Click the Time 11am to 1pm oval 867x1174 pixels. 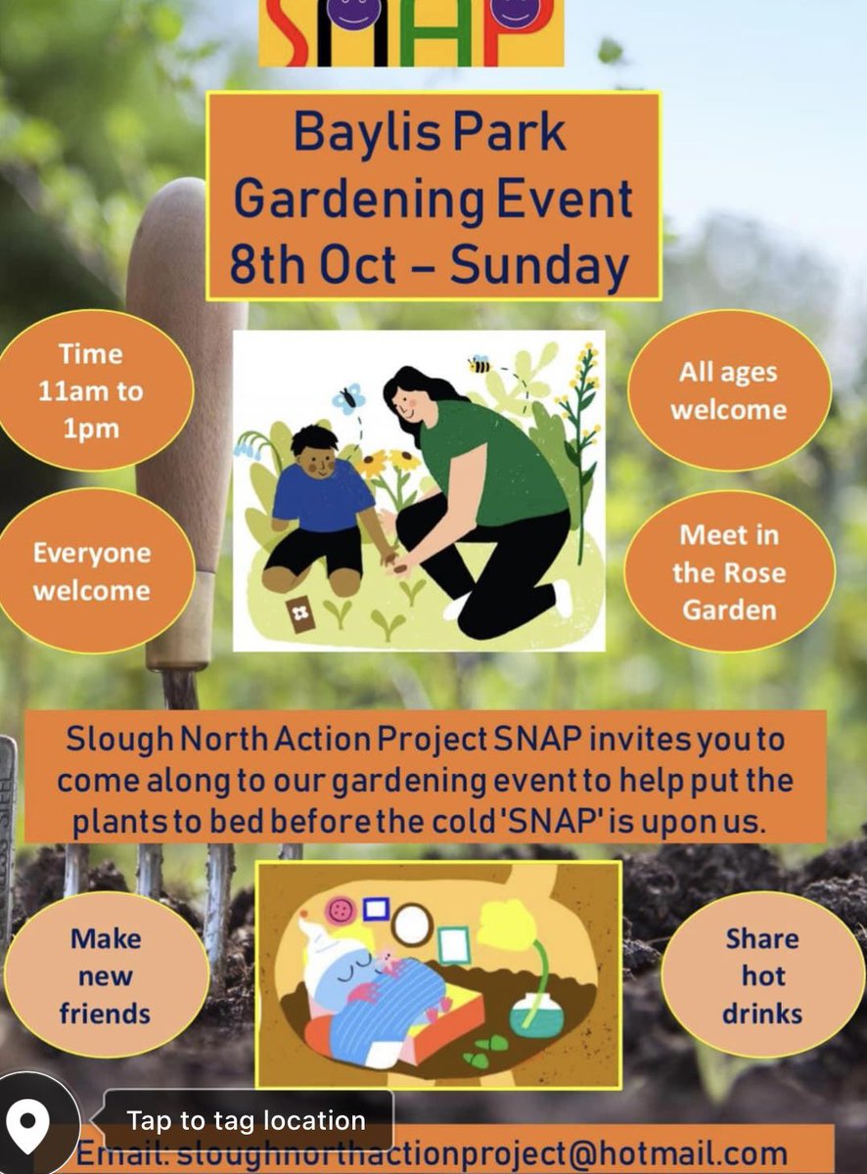click(x=91, y=390)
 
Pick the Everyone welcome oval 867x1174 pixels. click(x=92, y=571)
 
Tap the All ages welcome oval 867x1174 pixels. click(x=728, y=390)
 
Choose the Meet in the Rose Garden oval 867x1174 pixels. click(x=729, y=572)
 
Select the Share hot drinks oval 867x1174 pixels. click(x=762, y=975)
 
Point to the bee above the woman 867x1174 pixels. click(x=479, y=364)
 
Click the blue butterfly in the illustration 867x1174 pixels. click(x=348, y=397)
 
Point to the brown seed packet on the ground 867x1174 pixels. click(x=299, y=614)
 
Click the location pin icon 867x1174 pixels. click(x=29, y=1121)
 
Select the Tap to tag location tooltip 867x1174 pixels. click(x=247, y=1120)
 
